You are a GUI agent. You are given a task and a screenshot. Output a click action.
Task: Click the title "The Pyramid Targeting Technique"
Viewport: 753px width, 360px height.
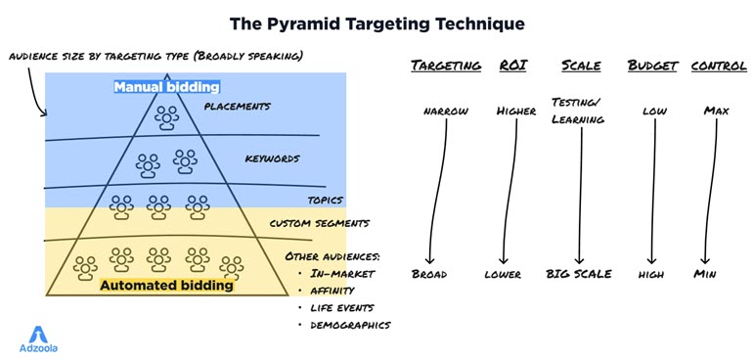[x=376, y=22]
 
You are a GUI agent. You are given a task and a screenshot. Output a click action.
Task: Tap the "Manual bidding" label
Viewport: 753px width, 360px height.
[x=159, y=87]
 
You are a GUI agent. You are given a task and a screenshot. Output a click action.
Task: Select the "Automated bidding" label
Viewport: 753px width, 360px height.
[x=166, y=286]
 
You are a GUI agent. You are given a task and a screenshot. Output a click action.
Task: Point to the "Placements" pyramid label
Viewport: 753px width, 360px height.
[x=238, y=106]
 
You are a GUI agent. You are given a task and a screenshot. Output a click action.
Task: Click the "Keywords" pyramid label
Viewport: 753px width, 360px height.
[x=272, y=157]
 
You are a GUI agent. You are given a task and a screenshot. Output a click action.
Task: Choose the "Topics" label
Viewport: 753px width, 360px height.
[x=325, y=200]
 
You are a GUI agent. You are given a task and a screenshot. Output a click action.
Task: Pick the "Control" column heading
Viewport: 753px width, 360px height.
[x=719, y=66]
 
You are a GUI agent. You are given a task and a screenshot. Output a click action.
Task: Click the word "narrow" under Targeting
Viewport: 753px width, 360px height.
[x=446, y=111]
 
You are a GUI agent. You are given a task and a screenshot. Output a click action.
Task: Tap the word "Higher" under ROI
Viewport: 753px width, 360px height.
[x=515, y=111]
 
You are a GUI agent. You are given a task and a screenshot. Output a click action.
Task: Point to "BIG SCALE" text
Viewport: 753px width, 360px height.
[x=579, y=274]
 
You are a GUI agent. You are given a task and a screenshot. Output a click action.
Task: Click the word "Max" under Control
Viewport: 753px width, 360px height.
[x=716, y=111]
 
